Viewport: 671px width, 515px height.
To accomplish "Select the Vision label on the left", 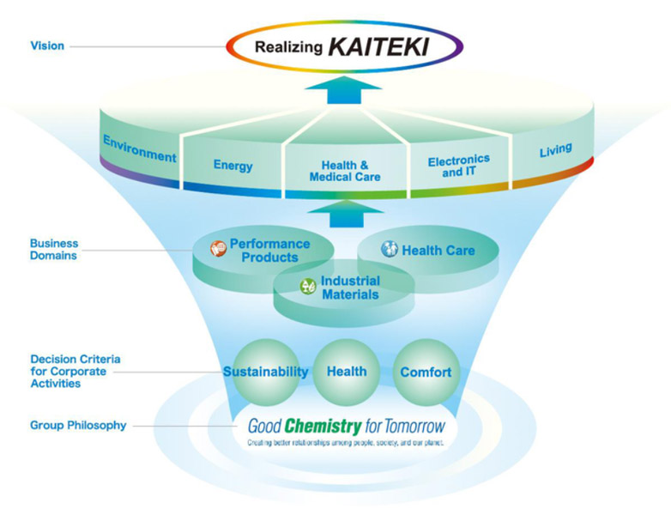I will coord(47,45).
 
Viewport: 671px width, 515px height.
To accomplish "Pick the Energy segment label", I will coord(233,165).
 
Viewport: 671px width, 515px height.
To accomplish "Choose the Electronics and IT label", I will coord(458,165).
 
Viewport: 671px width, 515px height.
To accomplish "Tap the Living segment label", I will coord(555,151).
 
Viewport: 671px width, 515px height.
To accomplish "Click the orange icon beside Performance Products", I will coord(218,250).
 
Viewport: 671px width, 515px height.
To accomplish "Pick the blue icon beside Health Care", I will coord(390,250).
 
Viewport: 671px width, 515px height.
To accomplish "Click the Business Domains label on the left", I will coord(53,249).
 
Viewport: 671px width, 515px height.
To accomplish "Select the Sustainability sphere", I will coord(265,373).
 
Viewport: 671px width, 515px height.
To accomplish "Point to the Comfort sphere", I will coord(426,373).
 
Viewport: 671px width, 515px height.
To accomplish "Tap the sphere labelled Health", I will coord(347,372).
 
